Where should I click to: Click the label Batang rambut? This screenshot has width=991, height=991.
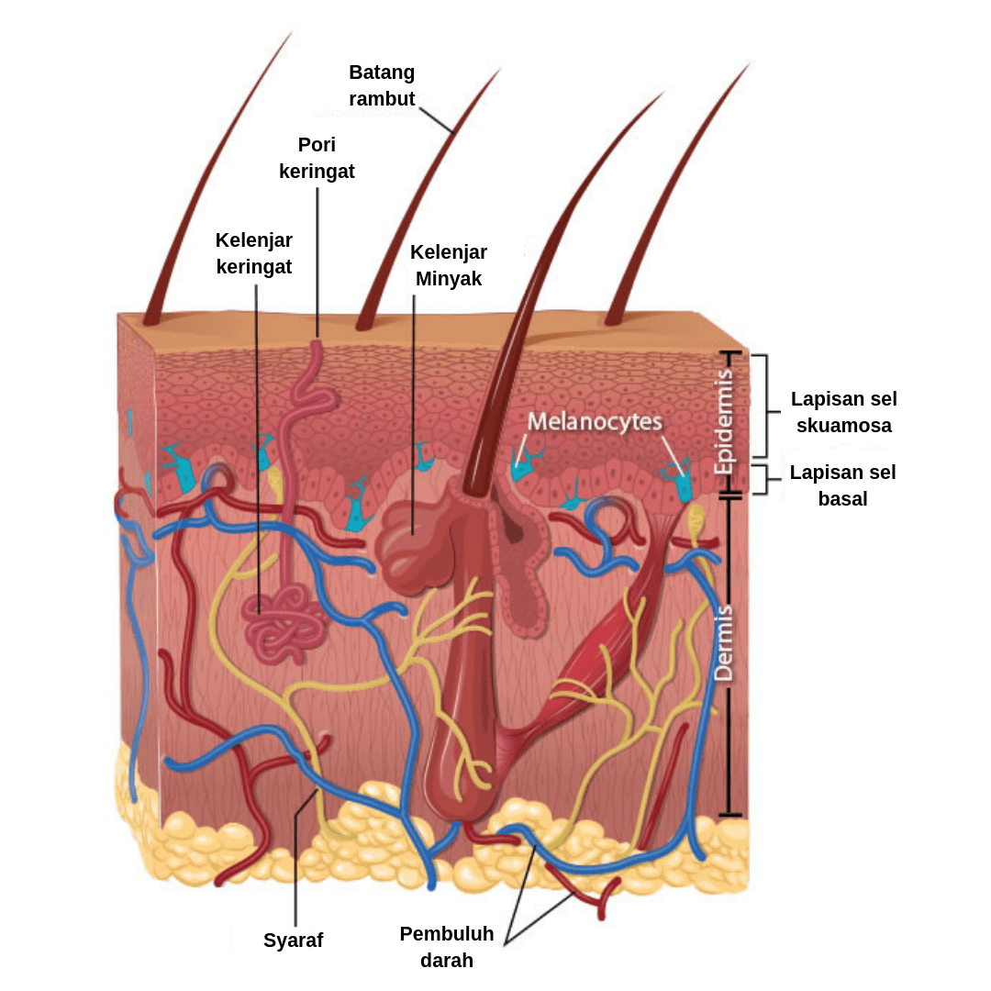382,85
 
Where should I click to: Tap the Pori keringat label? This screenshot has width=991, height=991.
317,158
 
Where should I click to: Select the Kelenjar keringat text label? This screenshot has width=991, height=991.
254,253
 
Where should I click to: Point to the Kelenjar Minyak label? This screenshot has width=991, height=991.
449,265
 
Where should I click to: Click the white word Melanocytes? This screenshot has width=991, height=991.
595,422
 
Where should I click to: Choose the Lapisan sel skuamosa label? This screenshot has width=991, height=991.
844,412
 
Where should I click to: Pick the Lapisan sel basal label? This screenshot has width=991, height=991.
843,485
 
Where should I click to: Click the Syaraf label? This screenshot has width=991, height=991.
294,940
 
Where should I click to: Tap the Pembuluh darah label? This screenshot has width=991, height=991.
447,947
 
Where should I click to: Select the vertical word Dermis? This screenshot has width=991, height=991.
725,642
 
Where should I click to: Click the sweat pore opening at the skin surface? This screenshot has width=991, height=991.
315,346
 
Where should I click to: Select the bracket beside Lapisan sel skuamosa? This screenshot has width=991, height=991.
762,405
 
